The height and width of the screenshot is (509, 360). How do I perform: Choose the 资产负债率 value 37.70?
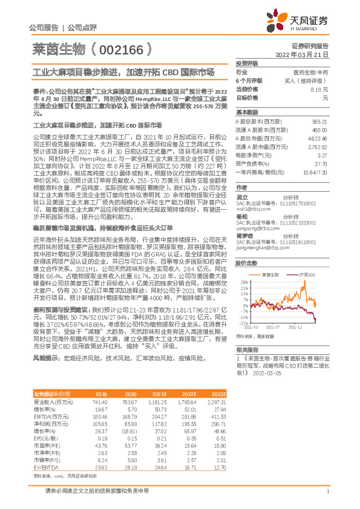(321, 163)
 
